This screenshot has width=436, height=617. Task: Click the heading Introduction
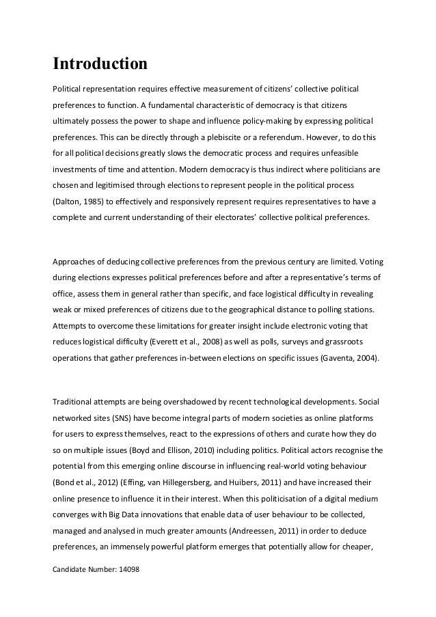point(100,65)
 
